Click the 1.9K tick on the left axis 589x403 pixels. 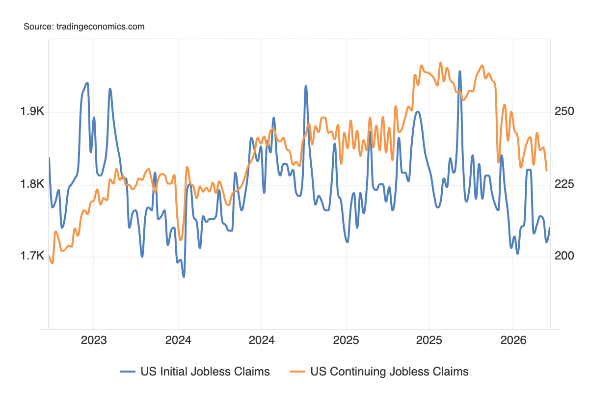[32, 112]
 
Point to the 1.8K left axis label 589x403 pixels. [32, 184]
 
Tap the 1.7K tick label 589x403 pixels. [32, 256]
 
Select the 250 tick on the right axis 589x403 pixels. [564, 112]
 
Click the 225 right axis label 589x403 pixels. [564, 184]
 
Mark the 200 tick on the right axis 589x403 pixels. [564, 256]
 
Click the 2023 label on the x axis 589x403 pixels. [94, 340]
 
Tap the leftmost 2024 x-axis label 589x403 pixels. [178, 340]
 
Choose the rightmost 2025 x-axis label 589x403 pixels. [428, 340]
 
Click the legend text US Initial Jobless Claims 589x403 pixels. [205, 372]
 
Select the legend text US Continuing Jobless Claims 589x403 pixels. [389, 372]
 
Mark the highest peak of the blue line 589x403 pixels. [460, 71]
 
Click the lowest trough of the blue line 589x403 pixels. [184, 277]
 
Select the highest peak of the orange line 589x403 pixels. [440, 62]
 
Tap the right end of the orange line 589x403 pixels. [547, 171]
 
